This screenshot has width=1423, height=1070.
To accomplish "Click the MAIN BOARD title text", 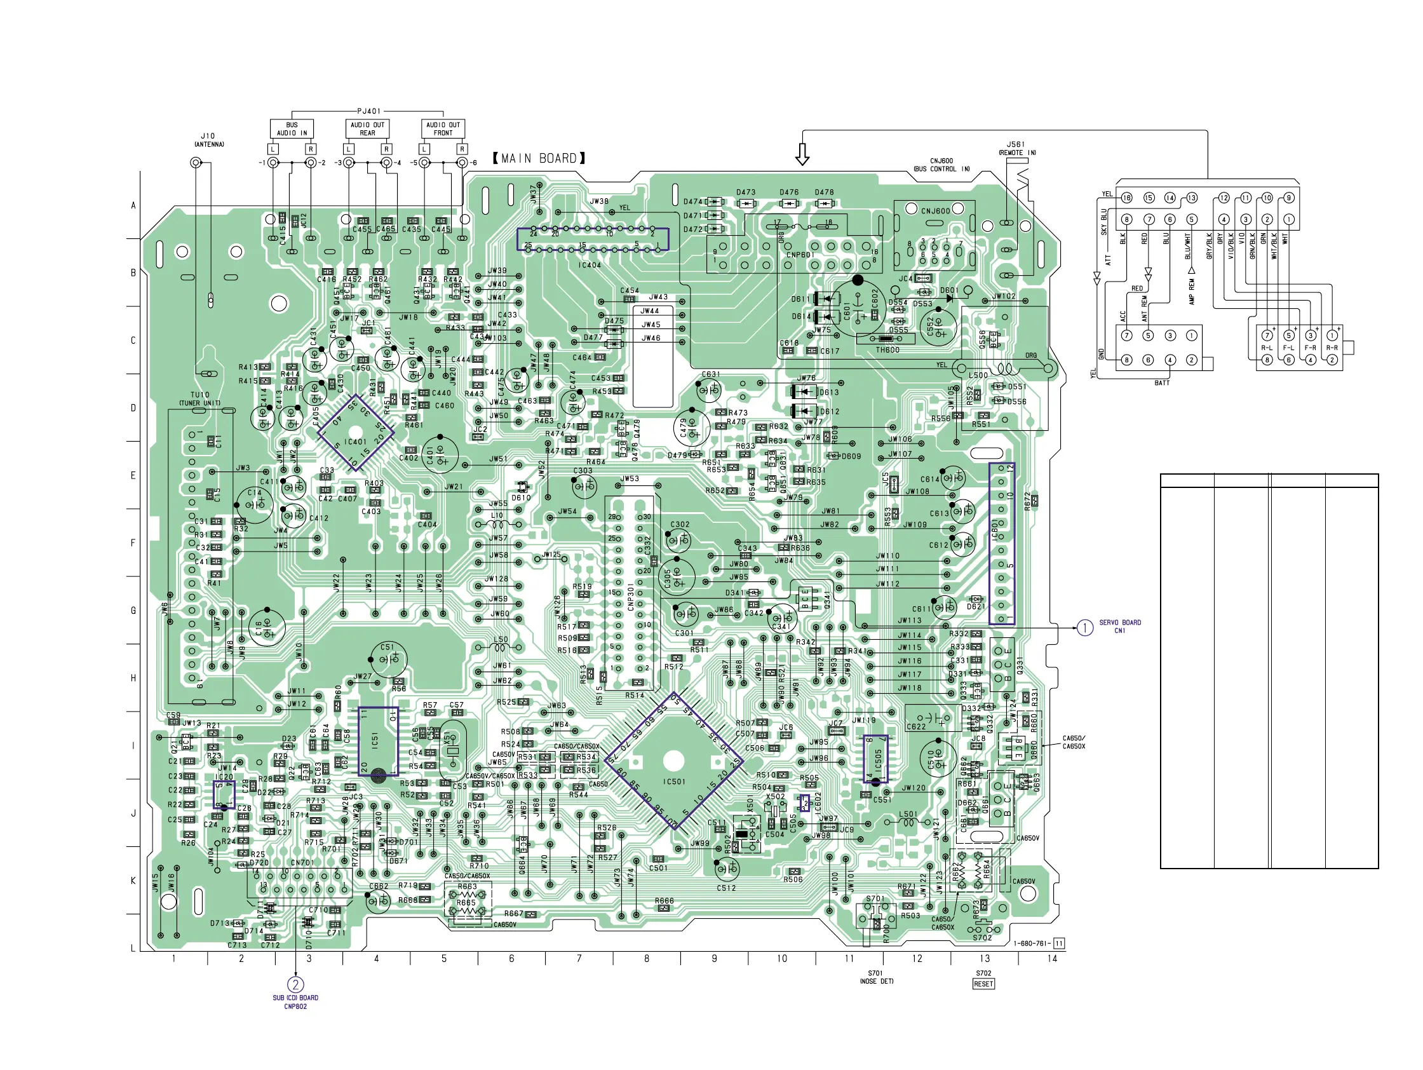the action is (539, 158).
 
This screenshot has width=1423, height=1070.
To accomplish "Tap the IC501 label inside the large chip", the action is (674, 782).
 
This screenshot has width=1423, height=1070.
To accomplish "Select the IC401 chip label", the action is (355, 442).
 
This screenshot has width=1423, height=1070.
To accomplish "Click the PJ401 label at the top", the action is (368, 111).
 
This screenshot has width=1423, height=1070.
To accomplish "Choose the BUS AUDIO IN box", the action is (292, 129).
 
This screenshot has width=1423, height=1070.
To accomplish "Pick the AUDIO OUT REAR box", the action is (367, 129).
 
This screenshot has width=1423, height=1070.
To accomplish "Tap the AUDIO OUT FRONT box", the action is (443, 129).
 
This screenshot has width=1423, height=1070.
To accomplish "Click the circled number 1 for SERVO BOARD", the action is (1085, 627).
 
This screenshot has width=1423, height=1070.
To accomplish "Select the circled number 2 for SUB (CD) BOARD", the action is (295, 985).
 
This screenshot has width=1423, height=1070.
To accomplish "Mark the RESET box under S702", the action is (983, 984).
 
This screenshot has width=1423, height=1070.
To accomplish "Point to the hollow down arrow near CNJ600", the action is (802, 154).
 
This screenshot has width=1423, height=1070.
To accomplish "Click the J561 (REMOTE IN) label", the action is (1017, 149).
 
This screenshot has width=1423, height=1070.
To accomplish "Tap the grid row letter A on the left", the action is (134, 206).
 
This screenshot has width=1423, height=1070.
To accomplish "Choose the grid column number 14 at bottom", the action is (1052, 959).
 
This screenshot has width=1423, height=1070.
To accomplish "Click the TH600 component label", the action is (887, 350).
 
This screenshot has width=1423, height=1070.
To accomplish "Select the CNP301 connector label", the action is (631, 597).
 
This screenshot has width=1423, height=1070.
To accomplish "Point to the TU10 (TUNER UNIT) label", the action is (200, 399).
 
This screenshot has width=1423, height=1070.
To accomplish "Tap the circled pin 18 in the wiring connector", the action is (1127, 198).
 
